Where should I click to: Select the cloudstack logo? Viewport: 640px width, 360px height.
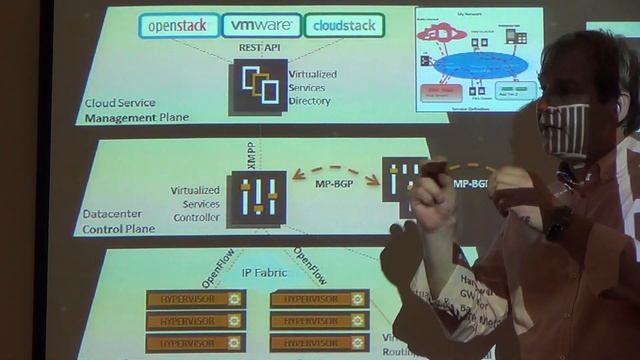pyautogui.click(x=343, y=26)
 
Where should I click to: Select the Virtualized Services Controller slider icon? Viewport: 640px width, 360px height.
pyautogui.click(x=256, y=198)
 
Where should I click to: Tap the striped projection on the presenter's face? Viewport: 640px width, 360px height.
pyautogui.click(x=565, y=127)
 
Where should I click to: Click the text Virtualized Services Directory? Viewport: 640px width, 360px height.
pyautogui.click(x=312, y=87)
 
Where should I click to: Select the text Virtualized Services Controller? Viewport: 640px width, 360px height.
pyautogui.click(x=195, y=202)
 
